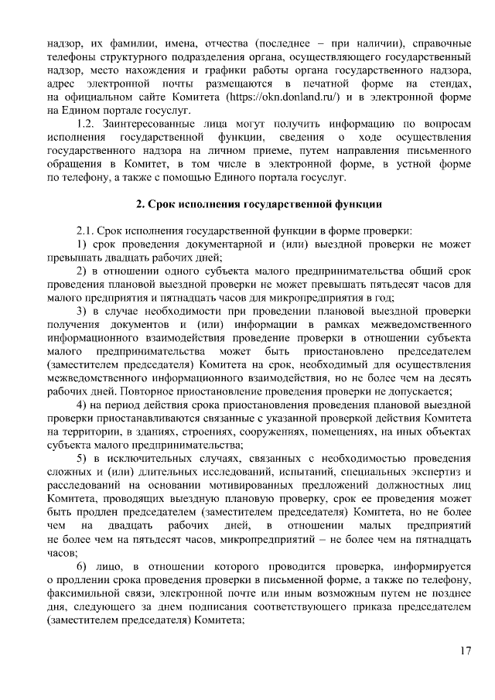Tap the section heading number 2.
(x=139, y=204)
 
